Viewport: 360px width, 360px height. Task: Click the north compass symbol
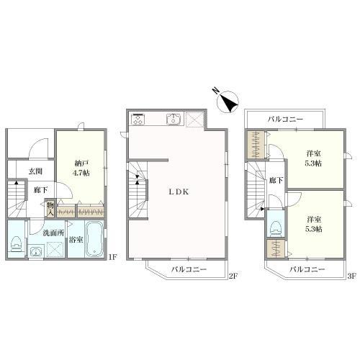pyautogui.click(x=227, y=102)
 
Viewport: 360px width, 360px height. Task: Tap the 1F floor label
pyautogui.click(x=112, y=258)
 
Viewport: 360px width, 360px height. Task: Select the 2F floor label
pyautogui.click(x=233, y=276)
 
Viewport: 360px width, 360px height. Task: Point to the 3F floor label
pyautogui.click(x=351, y=276)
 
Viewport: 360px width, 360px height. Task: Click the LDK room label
pyautogui.click(x=179, y=192)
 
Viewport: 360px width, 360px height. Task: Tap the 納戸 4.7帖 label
pyautogui.click(x=81, y=168)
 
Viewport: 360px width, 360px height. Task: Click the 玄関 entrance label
pyautogui.click(x=36, y=171)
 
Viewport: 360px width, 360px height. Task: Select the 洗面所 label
pyautogui.click(x=53, y=233)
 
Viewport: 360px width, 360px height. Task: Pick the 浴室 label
pyautogui.click(x=76, y=240)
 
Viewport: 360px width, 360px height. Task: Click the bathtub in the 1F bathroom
pyautogui.click(x=94, y=239)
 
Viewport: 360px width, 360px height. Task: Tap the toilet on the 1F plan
pyautogui.click(x=16, y=244)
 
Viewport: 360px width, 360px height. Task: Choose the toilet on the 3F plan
pyautogui.click(x=276, y=228)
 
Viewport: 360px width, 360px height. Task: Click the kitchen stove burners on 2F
pyautogui.click(x=138, y=120)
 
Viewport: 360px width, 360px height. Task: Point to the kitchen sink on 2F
pyautogui.click(x=174, y=120)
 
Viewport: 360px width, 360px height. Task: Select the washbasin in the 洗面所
pyautogui.click(x=36, y=252)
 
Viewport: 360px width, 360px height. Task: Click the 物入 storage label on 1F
pyautogui.click(x=50, y=209)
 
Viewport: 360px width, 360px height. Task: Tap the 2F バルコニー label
pyautogui.click(x=189, y=269)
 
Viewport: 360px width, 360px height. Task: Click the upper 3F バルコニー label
pyautogui.click(x=286, y=119)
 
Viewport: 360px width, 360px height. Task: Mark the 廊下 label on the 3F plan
pyautogui.click(x=276, y=181)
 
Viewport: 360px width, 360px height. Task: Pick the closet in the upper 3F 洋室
pyautogui.click(x=256, y=145)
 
